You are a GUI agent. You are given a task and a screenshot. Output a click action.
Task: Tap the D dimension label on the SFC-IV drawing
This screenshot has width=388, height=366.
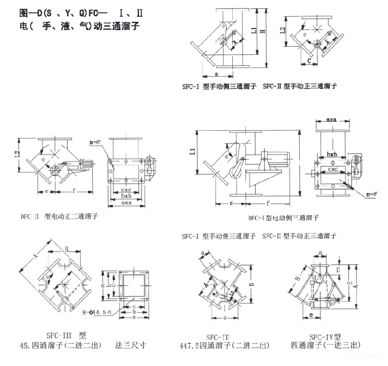pyautogui.click(x=338, y=269)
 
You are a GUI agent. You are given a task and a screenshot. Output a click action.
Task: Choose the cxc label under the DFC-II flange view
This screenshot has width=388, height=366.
pyautogui.click(x=127, y=190)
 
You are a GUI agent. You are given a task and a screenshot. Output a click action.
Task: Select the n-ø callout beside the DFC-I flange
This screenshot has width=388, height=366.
pyautogui.click(x=368, y=194)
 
